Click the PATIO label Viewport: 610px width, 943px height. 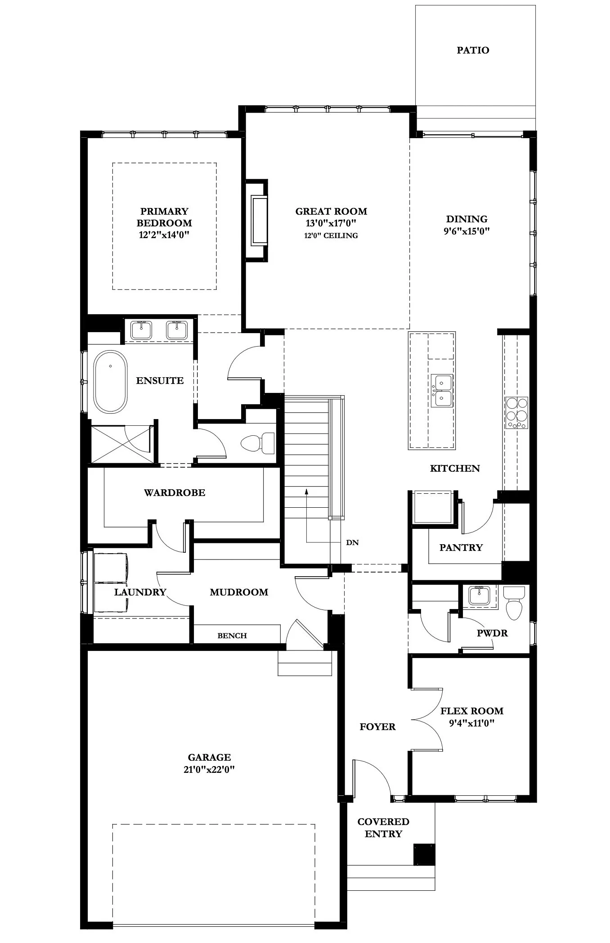click(x=472, y=50)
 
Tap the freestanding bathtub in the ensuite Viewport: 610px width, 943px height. click(x=110, y=381)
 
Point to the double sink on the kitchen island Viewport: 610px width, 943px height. click(x=441, y=390)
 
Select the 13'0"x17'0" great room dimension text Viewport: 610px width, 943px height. click(x=331, y=223)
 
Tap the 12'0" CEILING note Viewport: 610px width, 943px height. click(x=331, y=235)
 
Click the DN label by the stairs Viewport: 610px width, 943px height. click(x=352, y=542)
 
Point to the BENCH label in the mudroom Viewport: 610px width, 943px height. click(x=232, y=636)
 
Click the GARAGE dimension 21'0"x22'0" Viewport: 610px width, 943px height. click(x=209, y=770)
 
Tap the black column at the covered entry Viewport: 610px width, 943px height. click(x=424, y=854)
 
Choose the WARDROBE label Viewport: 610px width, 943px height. click(x=175, y=492)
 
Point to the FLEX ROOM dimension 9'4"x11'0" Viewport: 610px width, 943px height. click(x=471, y=723)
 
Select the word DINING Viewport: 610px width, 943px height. click(x=466, y=219)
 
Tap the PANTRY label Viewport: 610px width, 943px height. click(x=461, y=547)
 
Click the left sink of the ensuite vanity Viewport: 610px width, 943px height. click(x=141, y=330)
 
